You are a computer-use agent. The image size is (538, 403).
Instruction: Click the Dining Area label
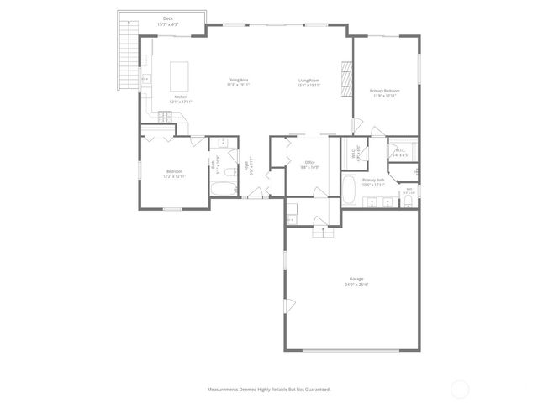[x=239, y=81]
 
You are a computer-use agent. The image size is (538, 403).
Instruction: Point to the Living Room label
[x=309, y=81]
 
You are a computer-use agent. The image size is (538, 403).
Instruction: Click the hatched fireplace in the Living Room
[x=343, y=79]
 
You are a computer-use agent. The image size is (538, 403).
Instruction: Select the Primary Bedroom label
[x=384, y=90]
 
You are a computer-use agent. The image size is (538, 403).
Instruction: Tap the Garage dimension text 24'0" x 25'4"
[x=357, y=285]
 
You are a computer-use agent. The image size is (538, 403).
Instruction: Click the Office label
[x=309, y=163]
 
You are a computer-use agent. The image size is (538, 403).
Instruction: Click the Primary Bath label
[x=373, y=180]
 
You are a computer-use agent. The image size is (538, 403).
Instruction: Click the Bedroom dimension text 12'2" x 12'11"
[x=174, y=176]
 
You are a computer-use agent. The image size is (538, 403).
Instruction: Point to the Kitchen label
[x=180, y=97]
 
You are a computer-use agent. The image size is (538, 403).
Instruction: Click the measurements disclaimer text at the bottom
[x=269, y=389]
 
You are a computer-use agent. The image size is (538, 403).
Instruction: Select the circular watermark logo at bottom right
[x=459, y=389]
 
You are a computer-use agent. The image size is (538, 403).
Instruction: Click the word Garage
[x=356, y=279]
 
